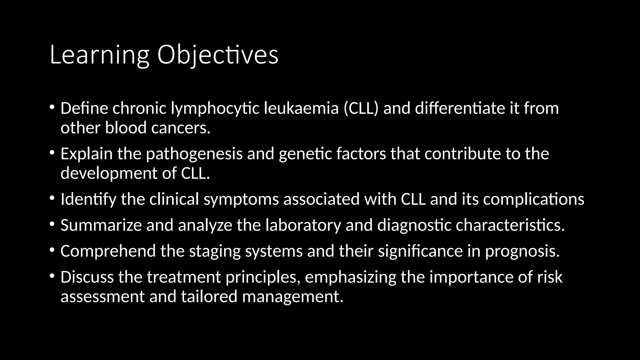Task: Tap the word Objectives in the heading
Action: pyautogui.click(x=217, y=55)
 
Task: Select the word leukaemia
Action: pyautogui.click(x=301, y=108)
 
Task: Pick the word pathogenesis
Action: pyautogui.click(x=194, y=154)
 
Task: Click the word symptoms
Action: pyautogui.click(x=241, y=199)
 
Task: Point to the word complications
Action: pyautogui.click(x=533, y=199)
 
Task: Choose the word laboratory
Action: pyautogui.click(x=303, y=225)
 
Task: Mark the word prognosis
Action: pyautogui.click(x=522, y=251)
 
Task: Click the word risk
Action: pyautogui.click(x=550, y=277)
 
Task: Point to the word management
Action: pyautogui.click(x=293, y=297)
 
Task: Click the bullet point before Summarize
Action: pyautogui.click(x=52, y=224)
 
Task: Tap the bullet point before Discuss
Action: pyautogui.click(x=52, y=276)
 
